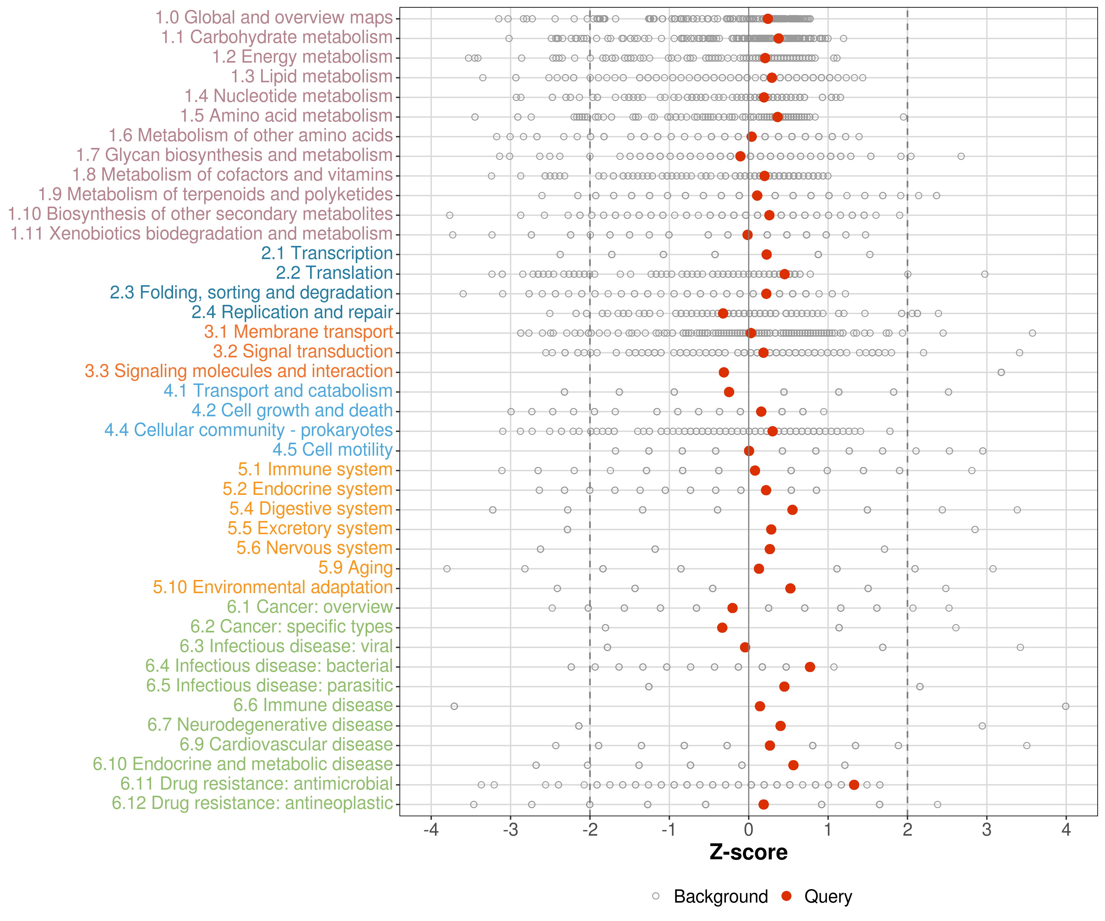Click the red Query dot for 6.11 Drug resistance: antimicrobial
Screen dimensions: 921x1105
pyautogui.click(x=854, y=785)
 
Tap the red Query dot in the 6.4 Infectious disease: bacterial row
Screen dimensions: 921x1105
pyautogui.click(x=810, y=667)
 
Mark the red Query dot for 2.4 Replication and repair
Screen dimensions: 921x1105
pyautogui.click(x=723, y=314)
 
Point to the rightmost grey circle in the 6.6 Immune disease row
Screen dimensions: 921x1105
pyautogui.click(x=1065, y=706)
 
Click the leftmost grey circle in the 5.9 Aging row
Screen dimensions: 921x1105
pyautogui.click(x=447, y=569)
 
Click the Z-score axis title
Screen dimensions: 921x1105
pyautogui.click(x=748, y=853)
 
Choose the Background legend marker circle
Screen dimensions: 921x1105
pyautogui.click(x=656, y=896)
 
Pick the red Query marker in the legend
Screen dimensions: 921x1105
pyautogui.click(x=787, y=896)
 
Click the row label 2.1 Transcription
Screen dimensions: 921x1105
pyautogui.click(x=327, y=254)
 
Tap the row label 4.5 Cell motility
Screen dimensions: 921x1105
pyautogui.click(x=332, y=450)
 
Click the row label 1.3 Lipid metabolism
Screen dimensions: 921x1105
pyautogui.click(x=312, y=77)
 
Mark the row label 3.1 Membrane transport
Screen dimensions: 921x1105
pyautogui.click(x=298, y=332)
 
